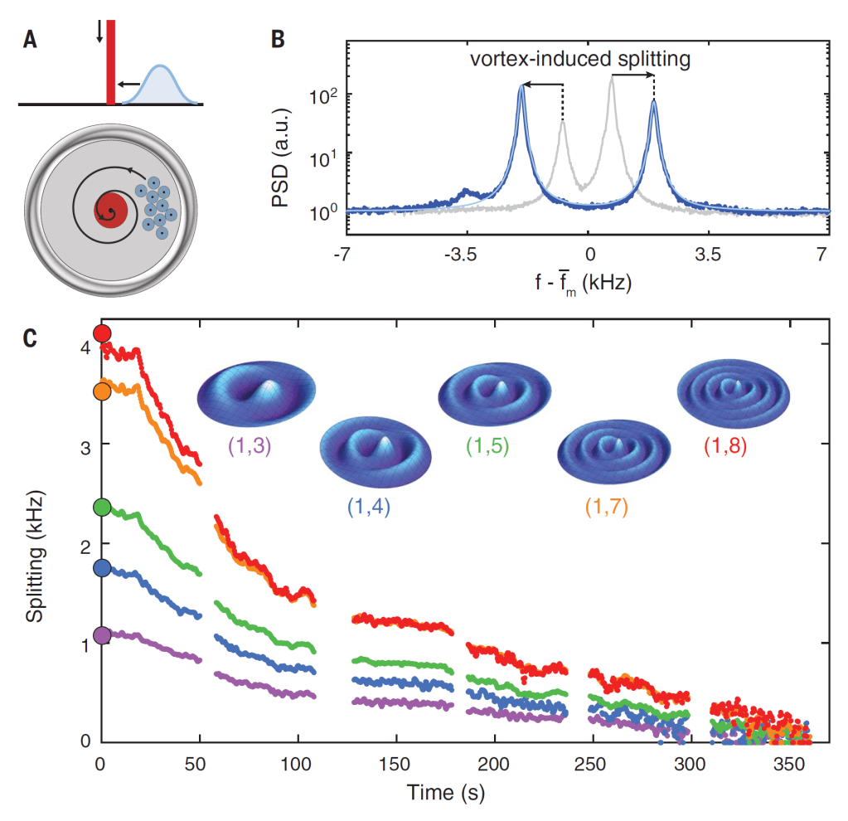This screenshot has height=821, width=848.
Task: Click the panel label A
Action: coord(31,39)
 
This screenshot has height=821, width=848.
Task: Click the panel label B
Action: coord(279,39)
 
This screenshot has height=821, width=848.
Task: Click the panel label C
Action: coord(31,338)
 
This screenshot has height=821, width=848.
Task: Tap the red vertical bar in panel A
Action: coord(110,62)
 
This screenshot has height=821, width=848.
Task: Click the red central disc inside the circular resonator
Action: coord(111,207)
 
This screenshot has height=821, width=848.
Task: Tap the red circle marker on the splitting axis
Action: coord(102,333)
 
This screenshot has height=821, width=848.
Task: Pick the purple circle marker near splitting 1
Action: coord(102,635)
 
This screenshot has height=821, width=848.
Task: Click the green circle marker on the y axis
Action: coord(102,507)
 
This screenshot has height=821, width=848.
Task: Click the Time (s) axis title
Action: coord(445,792)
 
